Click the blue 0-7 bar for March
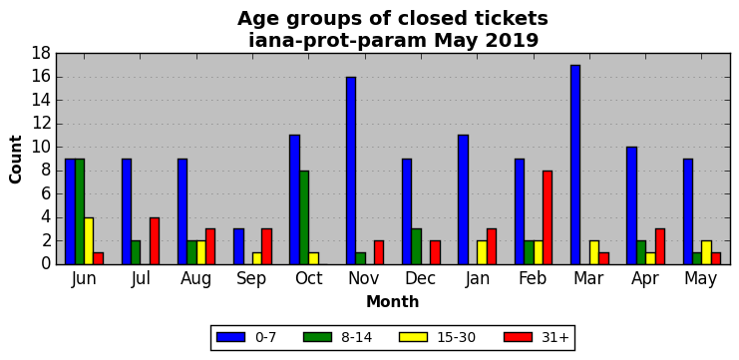[x=575, y=165]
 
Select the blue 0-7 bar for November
[x=351, y=171]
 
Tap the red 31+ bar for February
[x=548, y=217]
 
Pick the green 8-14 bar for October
[x=304, y=217]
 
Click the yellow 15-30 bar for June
[x=89, y=241]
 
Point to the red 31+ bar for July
[x=155, y=241]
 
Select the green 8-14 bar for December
[x=416, y=247]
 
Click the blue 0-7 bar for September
[x=238, y=247]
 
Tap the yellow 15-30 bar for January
[x=482, y=252]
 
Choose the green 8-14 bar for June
[x=79, y=211]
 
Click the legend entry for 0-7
[x=246, y=337]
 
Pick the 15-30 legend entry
[x=438, y=337]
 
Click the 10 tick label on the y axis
[x=41, y=147]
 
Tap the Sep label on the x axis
[x=251, y=278]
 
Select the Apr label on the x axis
[x=644, y=278]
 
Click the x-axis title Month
[x=393, y=301]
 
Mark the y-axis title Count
[x=16, y=160]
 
